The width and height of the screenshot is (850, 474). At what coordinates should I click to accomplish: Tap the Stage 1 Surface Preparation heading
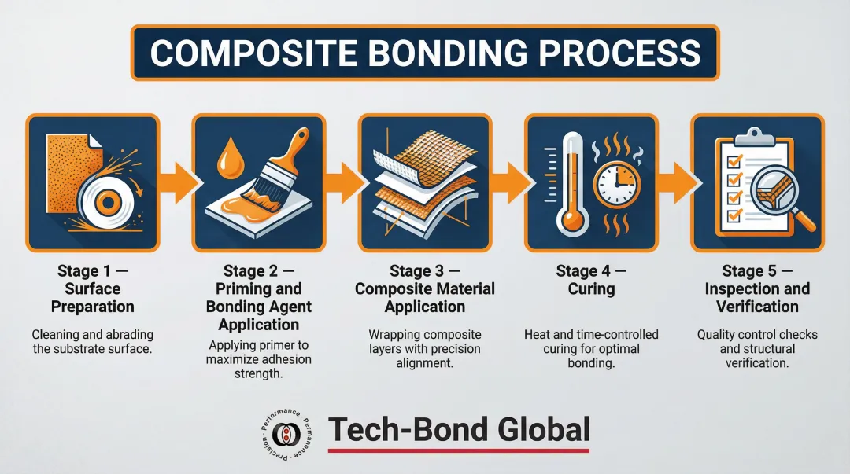[93, 288]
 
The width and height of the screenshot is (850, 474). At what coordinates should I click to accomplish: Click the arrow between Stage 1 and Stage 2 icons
[175, 181]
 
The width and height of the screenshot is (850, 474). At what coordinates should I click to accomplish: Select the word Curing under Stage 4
[591, 288]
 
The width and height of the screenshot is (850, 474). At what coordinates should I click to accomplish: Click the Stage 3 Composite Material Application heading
[425, 288]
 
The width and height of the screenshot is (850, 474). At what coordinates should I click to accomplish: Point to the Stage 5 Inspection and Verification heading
[757, 288]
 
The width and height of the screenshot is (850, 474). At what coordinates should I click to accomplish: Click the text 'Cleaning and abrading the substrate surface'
[93, 341]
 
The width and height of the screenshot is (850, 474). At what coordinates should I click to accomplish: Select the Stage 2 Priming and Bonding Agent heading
[259, 297]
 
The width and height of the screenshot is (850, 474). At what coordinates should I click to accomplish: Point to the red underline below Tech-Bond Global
[459, 450]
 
